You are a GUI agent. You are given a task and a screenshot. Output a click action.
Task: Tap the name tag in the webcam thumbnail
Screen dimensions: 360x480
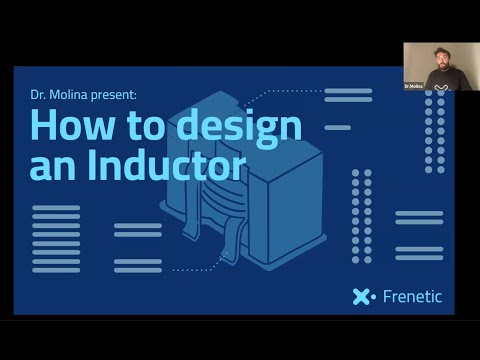[x=413, y=87]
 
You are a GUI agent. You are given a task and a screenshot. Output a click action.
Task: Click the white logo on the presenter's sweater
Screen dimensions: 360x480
[x=442, y=87]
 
